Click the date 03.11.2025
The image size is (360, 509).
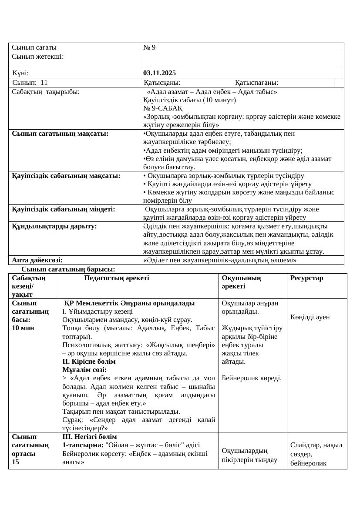pos(159,73)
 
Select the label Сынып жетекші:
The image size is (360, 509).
pos(38,56)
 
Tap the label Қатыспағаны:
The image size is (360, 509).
pos(256,83)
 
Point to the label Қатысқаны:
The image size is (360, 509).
pos(162,83)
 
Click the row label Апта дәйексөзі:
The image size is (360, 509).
pos(37,260)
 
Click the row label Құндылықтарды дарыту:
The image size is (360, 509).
pos(54,226)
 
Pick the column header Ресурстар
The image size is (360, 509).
pos(307,278)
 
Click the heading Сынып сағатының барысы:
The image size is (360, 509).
pos(68,269)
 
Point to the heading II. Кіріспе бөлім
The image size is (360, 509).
pos(89,362)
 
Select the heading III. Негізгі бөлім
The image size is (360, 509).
pos(90,436)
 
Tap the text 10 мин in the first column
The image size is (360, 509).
pos(24,328)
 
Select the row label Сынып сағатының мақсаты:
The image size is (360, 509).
pos(60,133)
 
